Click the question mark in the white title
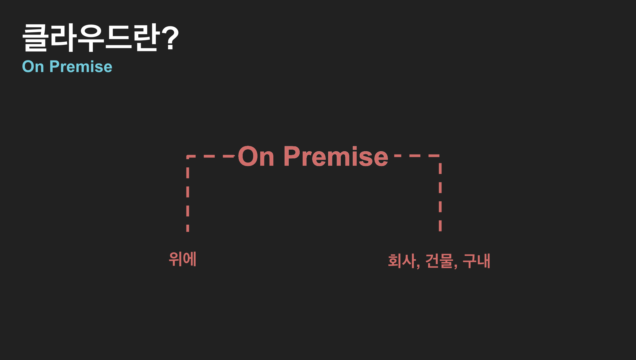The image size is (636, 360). tap(170, 37)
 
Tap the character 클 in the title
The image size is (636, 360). tap(35, 38)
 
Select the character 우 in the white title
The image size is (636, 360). tap(91, 38)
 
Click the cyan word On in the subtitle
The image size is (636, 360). tap(33, 67)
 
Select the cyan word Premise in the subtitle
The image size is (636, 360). tap(81, 67)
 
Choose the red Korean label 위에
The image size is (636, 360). tap(183, 259)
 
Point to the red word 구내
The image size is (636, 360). tap(476, 261)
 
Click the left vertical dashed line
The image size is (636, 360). tap(188, 194)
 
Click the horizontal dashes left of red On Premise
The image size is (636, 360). tap(211, 156)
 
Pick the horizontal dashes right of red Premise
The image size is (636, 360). tap(417, 156)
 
